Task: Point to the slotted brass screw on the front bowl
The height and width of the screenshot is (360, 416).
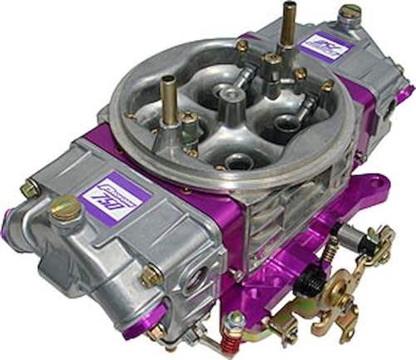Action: click(x=66, y=208)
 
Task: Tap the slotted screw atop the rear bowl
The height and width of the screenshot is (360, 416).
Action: click(x=350, y=13)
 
